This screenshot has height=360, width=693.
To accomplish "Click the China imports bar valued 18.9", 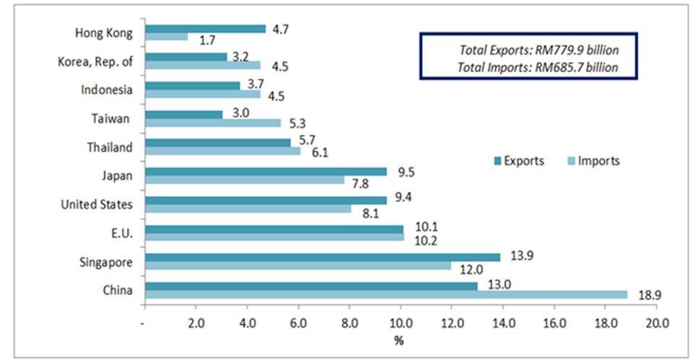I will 386,294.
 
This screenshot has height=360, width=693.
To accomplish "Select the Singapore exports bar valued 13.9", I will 323,257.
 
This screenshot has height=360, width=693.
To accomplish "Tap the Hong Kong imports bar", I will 166,37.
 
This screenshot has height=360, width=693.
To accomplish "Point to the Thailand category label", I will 110,147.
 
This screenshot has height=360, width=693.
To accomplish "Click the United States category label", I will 97,204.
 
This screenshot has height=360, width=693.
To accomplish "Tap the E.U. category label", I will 121,232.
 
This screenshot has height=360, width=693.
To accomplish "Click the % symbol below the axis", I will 398,339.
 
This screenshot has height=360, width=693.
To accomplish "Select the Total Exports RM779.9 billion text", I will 539,51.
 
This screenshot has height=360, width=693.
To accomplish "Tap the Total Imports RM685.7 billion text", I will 539,68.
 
